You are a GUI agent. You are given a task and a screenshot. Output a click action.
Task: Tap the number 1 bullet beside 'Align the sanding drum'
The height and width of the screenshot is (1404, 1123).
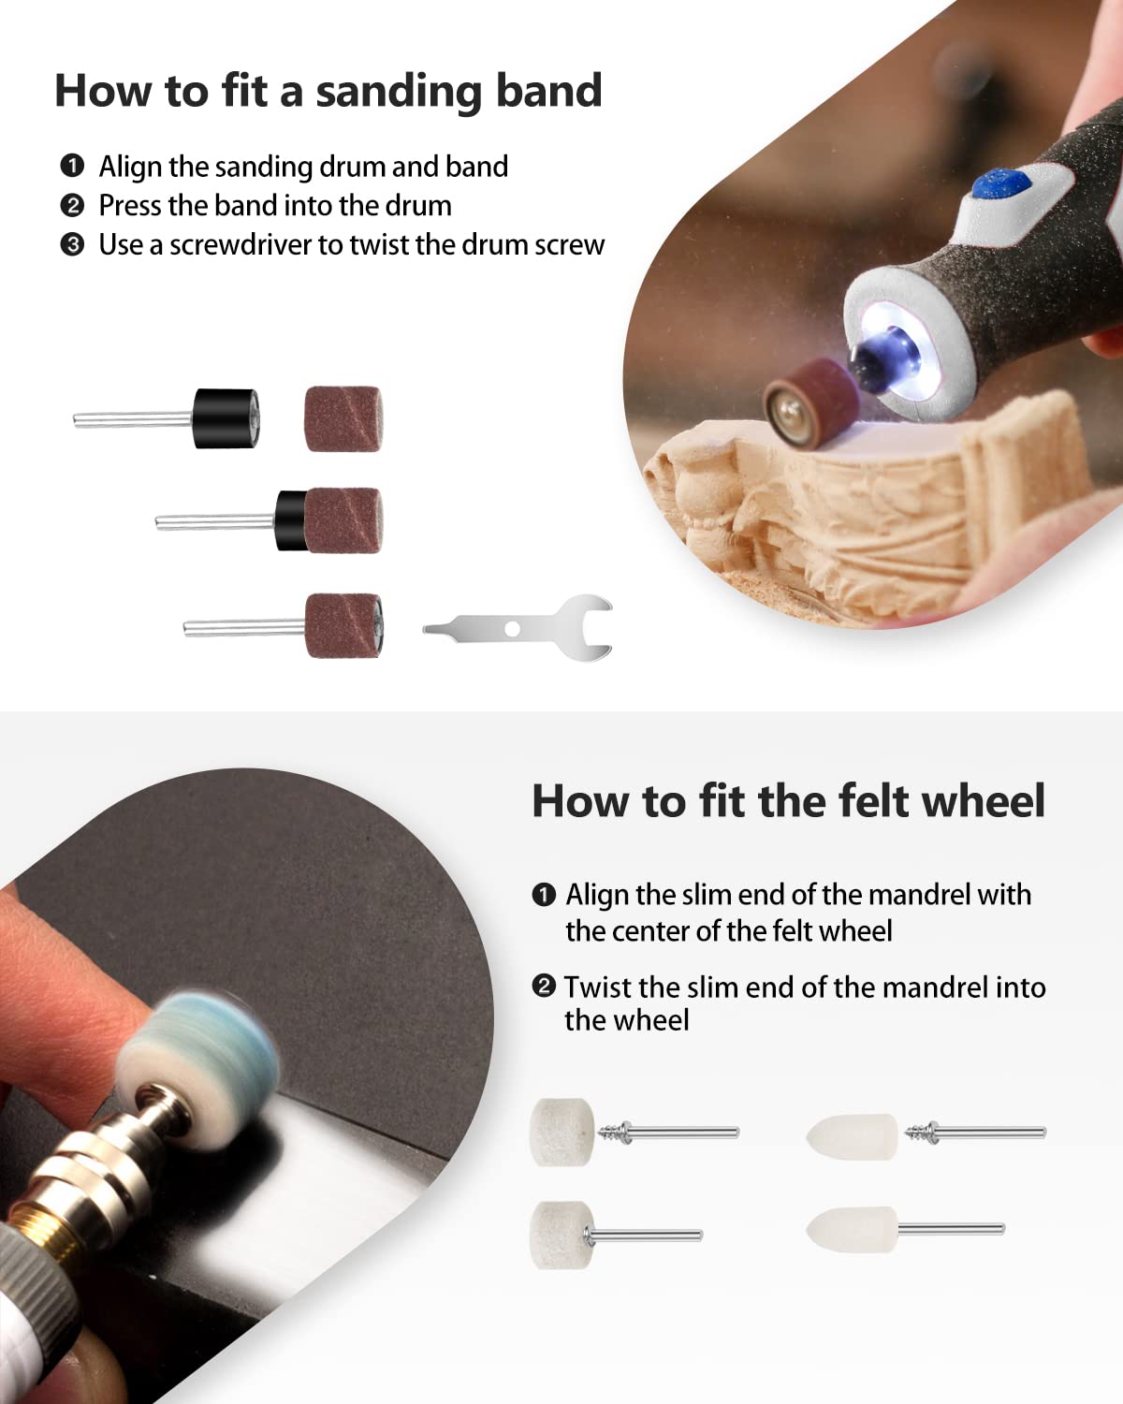pyautogui.click(x=72, y=166)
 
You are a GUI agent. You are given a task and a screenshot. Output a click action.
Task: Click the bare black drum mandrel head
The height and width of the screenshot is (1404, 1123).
pyautogui.click(x=226, y=418)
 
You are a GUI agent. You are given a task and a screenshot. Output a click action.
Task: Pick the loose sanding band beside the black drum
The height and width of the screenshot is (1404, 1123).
pyautogui.click(x=343, y=418)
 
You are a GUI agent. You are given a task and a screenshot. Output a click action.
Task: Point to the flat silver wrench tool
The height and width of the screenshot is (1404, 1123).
pyautogui.click(x=518, y=629)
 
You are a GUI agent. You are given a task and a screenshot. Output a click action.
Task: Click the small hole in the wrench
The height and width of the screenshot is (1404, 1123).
pyautogui.click(x=512, y=629)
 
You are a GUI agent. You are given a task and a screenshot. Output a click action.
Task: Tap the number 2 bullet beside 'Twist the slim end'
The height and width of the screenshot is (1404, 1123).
pyautogui.click(x=544, y=986)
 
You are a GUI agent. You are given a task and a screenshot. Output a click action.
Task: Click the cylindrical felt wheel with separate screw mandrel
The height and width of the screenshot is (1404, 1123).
pyautogui.click(x=562, y=1132)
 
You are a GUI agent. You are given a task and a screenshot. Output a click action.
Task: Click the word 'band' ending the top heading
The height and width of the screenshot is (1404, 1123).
pyautogui.click(x=548, y=91)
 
